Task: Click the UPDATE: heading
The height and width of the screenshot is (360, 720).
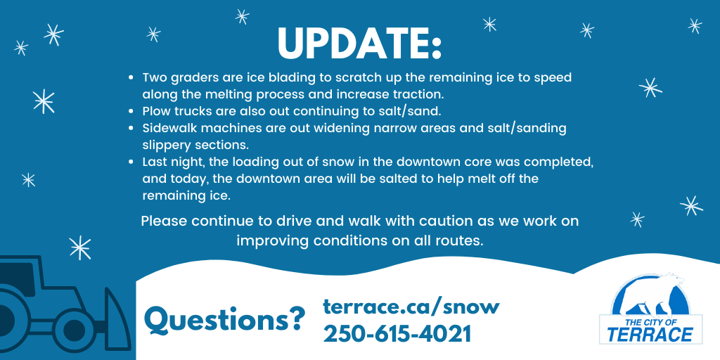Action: coord(359,44)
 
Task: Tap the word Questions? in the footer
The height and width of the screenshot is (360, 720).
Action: coord(224,320)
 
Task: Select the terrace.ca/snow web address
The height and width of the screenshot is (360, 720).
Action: coord(411,306)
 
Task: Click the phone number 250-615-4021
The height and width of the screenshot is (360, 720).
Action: coord(397,334)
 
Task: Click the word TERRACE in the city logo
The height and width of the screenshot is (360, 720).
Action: coord(650,335)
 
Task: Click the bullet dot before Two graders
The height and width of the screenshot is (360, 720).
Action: coord(131,78)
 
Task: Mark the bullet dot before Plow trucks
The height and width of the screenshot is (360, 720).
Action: coord(131,112)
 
